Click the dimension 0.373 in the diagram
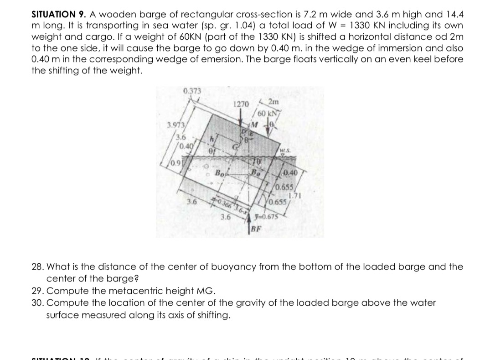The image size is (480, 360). (191, 90)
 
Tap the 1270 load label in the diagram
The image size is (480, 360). (241, 104)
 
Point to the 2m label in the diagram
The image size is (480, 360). (275, 102)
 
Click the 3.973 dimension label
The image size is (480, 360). (176, 126)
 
